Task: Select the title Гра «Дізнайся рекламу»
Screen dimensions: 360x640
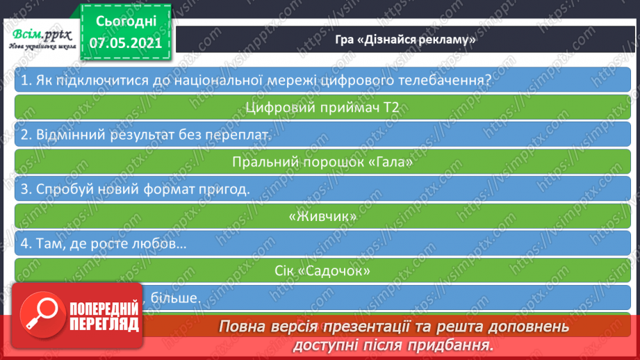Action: pyautogui.click(x=404, y=40)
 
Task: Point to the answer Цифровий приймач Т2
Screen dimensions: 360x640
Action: pyautogui.click(x=323, y=107)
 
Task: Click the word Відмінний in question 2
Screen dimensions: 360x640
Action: pyautogui.click(x=66, y=136)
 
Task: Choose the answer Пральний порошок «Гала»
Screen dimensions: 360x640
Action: pyautogui.click(x=323, y=163)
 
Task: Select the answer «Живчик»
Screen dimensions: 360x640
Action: pyautogui.click(x=323, y=217)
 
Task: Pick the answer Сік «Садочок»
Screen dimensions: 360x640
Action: pyautogui.click(x=323, y=271)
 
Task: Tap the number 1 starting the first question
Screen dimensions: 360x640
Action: pyautogui.click(x=24, y=81)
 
